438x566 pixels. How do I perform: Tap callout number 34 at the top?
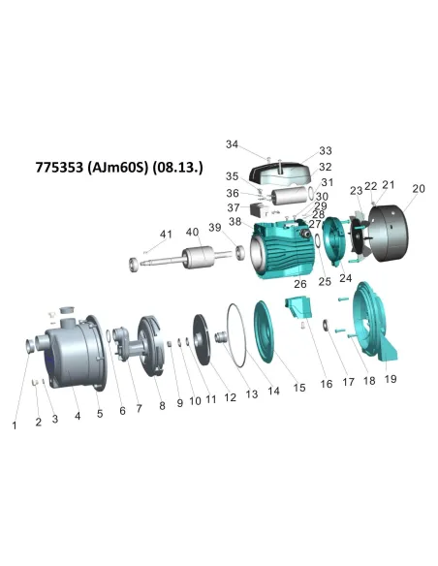232,144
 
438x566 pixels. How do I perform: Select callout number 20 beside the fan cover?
419,189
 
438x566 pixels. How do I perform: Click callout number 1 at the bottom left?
15,424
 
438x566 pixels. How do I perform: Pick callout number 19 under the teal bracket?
391,380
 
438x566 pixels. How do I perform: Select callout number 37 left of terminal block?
233,207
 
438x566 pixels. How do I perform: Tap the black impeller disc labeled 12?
203,340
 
